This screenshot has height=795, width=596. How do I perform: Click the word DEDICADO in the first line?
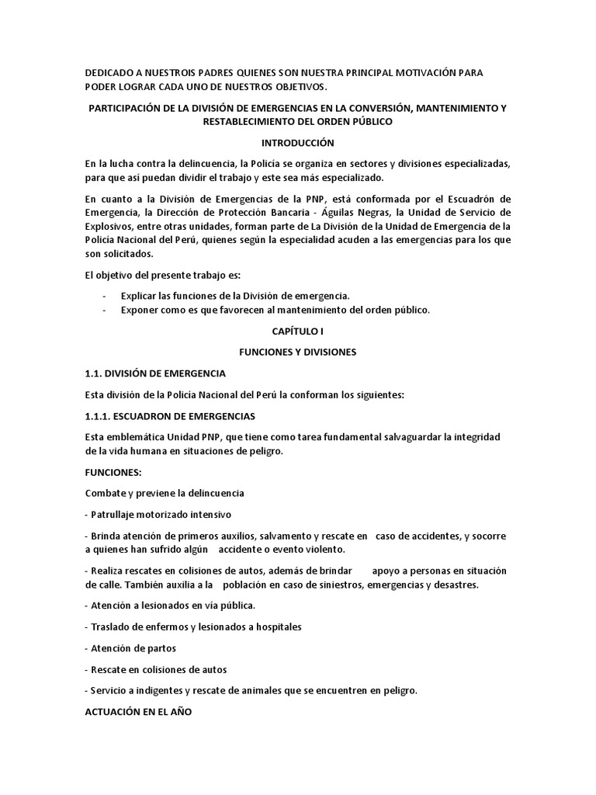[109, 73]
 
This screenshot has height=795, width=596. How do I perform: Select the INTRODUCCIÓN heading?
[297, 143]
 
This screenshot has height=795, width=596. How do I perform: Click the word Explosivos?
[109, 227]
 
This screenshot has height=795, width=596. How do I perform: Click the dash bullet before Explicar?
[104, 296]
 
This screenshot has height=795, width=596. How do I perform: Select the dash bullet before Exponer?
[104, 310]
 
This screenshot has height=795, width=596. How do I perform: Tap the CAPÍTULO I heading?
[297, 332]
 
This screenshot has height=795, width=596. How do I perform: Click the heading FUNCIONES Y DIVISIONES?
[297, 352]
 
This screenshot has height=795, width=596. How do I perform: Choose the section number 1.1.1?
[99, 416]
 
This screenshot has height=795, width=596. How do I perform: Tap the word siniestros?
[320, 585]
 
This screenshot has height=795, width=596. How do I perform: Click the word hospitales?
[277, 627]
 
